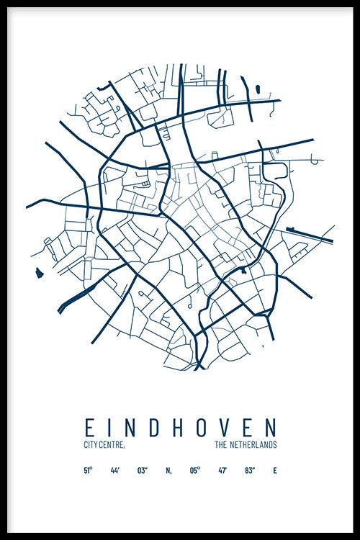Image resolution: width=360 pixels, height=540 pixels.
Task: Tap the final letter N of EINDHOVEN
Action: [x=272, y=426]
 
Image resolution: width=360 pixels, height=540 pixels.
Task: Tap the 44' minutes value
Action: [x=115, y=471]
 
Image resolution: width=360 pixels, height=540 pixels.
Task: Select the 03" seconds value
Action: [x=142, y=471]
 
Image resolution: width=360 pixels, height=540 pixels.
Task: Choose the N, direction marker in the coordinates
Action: [x=168, y=471]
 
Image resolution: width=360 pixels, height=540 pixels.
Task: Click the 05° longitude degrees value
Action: [x=194, y=471]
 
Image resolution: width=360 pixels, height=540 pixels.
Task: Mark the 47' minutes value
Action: [x=222, y=471]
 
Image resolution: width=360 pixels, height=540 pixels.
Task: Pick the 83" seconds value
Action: [x=249, y=471]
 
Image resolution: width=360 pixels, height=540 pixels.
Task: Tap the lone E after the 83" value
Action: [x=274, y=471]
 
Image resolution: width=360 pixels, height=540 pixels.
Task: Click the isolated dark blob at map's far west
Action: [x=37, y=272]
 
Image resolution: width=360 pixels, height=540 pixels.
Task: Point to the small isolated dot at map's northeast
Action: [x=256, y=89]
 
